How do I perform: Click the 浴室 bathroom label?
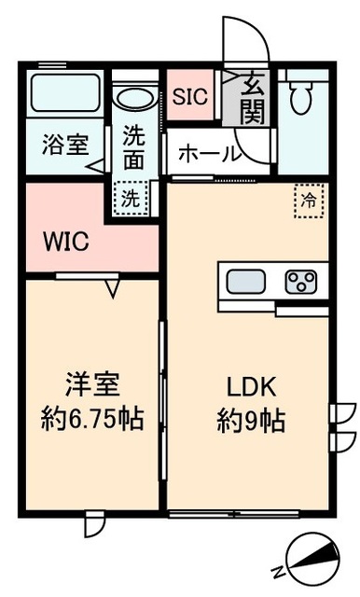tap(64, 146)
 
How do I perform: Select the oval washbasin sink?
tap(136, 96)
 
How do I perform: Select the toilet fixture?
tap(300, 97)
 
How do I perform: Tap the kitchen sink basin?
tap(247, 279)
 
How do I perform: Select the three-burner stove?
tap(301, 279)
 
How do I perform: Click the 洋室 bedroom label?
tap(91, 386)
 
